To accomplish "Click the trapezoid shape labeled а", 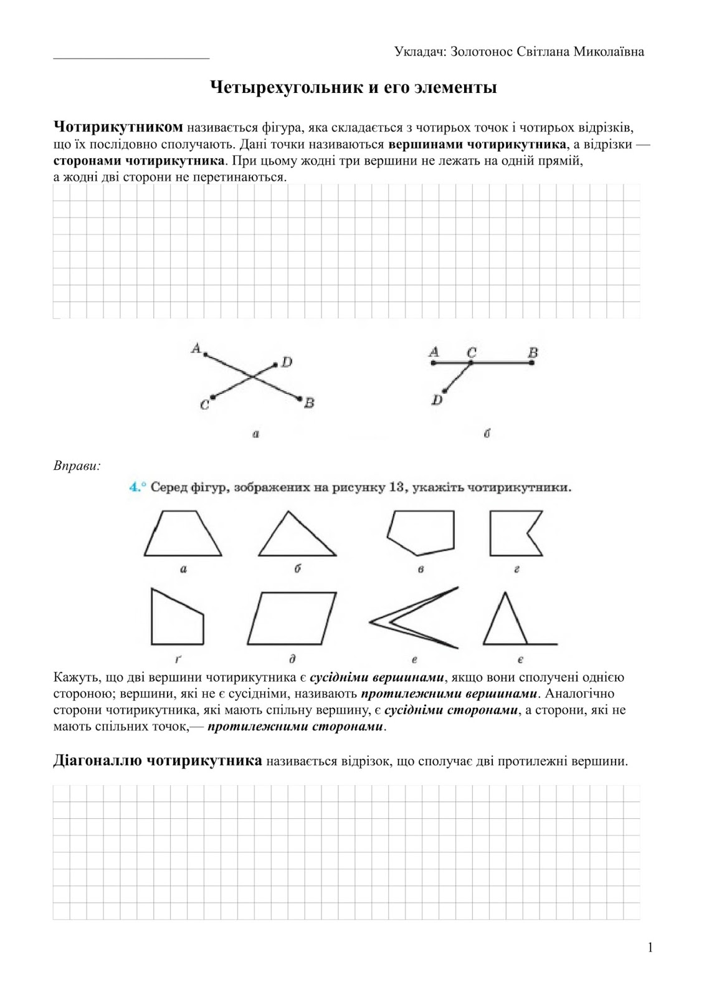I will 183,535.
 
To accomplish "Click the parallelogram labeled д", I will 292,618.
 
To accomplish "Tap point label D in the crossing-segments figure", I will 287,362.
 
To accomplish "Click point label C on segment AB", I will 472,353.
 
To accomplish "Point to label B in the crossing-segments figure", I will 309,404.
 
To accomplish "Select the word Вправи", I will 77,465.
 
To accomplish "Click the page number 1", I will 650,948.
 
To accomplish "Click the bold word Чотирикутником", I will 118,128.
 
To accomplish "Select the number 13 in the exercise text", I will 397,487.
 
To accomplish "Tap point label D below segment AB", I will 437,400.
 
